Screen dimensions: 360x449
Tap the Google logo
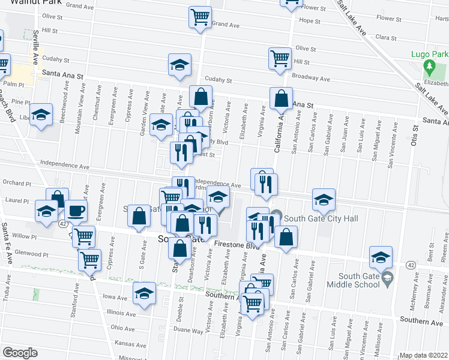tap(19, 352)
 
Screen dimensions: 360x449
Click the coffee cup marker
tap(76, 210)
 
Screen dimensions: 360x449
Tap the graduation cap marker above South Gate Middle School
tap(381, 256)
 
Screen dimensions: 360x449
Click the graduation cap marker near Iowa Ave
tap(144, 294)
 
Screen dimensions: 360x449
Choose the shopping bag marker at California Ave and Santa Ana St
tap(281, 97)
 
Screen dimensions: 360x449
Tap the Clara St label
tap(387, 37)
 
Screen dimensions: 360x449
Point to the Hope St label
tap(310, 20)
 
